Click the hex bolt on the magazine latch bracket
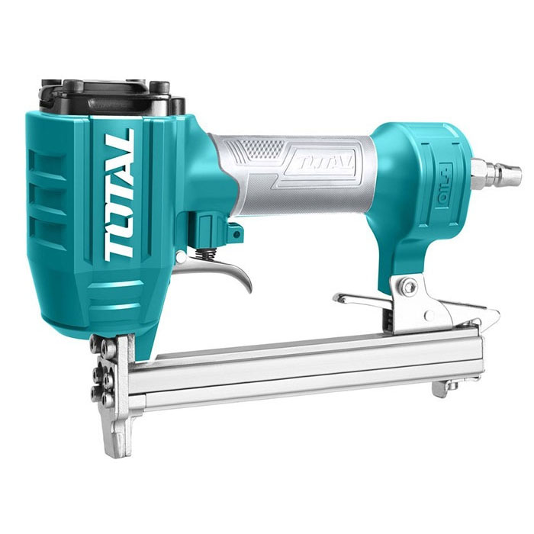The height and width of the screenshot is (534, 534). pos(409,285)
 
